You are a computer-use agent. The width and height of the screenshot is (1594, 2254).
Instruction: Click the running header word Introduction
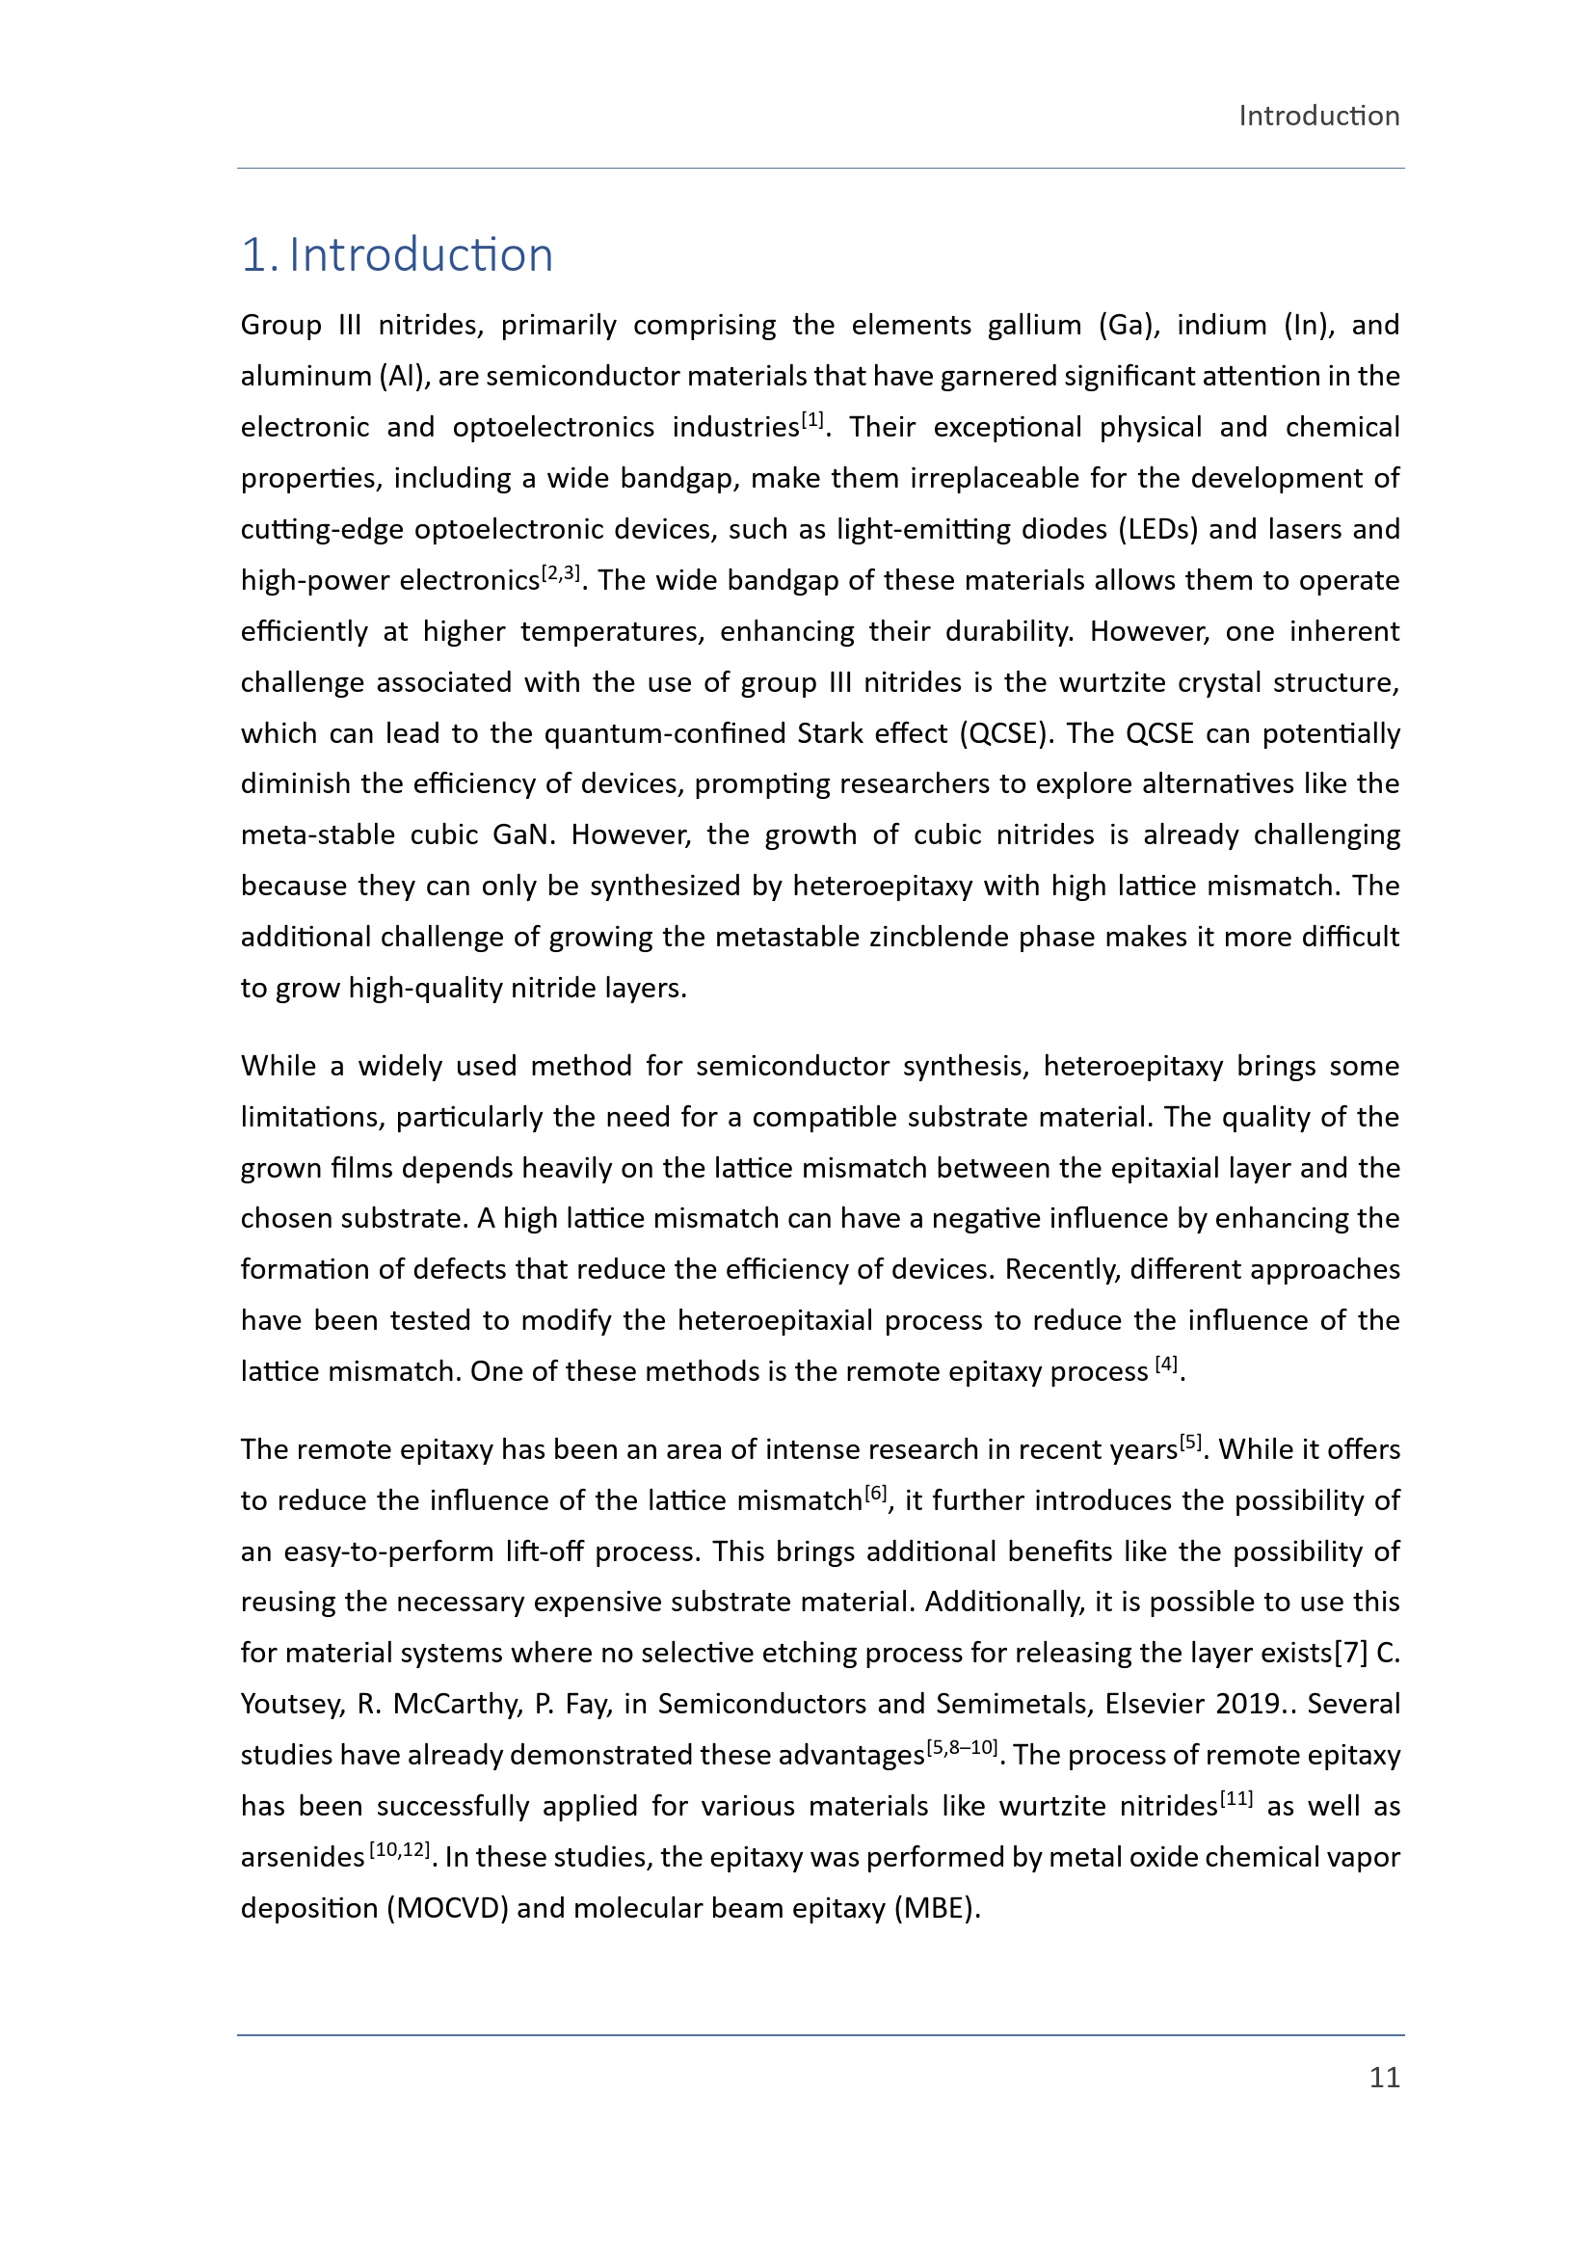[1318, 116]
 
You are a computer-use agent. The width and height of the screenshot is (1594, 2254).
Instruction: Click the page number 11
[1384, 2078]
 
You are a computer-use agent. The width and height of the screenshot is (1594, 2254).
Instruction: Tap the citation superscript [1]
[812, 420]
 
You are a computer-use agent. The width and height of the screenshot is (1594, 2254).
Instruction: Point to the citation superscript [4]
[1166, 1364]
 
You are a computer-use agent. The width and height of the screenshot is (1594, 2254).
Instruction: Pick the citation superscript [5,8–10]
[962, 1747]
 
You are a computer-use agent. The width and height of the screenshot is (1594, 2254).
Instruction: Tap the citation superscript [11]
[1235, 1798]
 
